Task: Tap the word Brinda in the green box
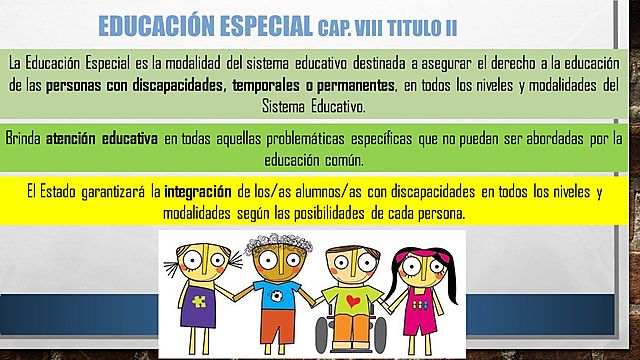tap(24, 139)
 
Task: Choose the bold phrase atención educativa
tap(101, 139)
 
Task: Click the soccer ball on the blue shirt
tap(269, 297)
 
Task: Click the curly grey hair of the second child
tap(272, 241)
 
